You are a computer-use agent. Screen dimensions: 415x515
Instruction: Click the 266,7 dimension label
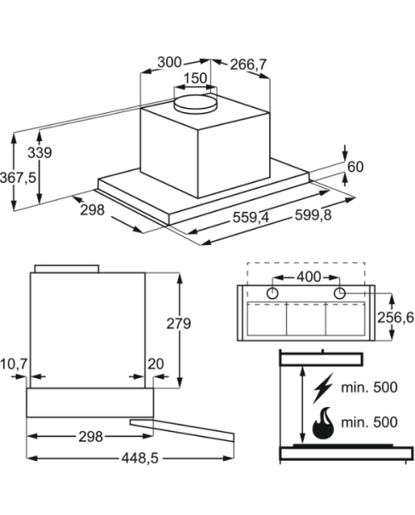point(248,65)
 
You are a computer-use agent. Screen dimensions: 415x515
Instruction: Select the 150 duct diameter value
point(195,78)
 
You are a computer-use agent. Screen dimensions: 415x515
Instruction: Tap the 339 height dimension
point(39,153)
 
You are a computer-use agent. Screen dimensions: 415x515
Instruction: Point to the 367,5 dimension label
point(18,178)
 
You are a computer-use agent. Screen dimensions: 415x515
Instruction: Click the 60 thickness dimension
point(355,167)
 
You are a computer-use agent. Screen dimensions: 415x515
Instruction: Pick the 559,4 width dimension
point(251,217)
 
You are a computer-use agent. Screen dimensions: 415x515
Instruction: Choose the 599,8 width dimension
point(313,215)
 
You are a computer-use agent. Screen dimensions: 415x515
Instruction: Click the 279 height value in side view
point(178,323)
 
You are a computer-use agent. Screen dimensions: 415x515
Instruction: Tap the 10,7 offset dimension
point(14,364)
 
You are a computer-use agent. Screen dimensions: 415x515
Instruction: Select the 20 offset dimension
point(155,364)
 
